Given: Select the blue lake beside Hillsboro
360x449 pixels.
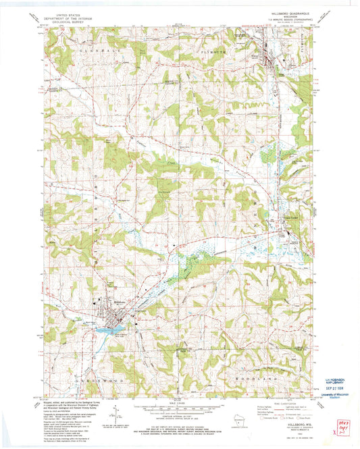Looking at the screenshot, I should point(108,329).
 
